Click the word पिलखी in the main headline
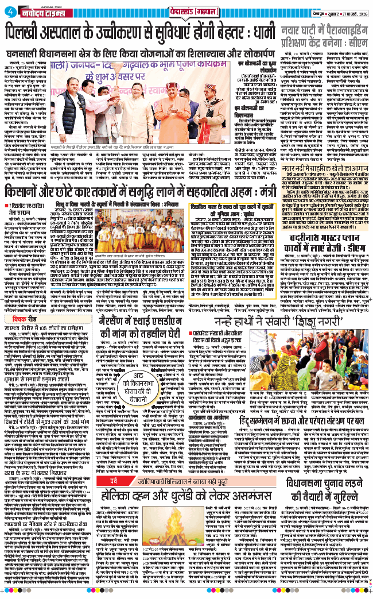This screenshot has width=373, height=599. (28, 35)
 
